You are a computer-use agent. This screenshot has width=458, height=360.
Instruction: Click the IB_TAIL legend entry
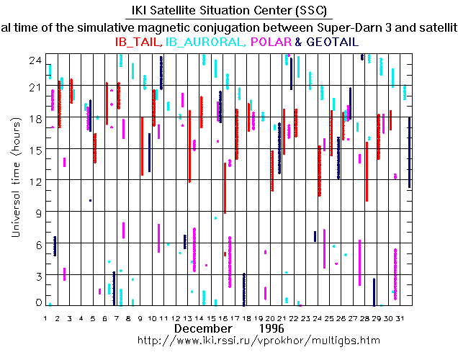point(138,42)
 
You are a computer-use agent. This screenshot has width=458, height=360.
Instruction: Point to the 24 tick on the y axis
point(34,60)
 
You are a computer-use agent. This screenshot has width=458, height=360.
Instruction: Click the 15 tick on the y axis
point(34,149)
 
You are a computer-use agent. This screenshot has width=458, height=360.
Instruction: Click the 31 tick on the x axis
point(408,318)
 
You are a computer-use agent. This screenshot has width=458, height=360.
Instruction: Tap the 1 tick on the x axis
point(45,318)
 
